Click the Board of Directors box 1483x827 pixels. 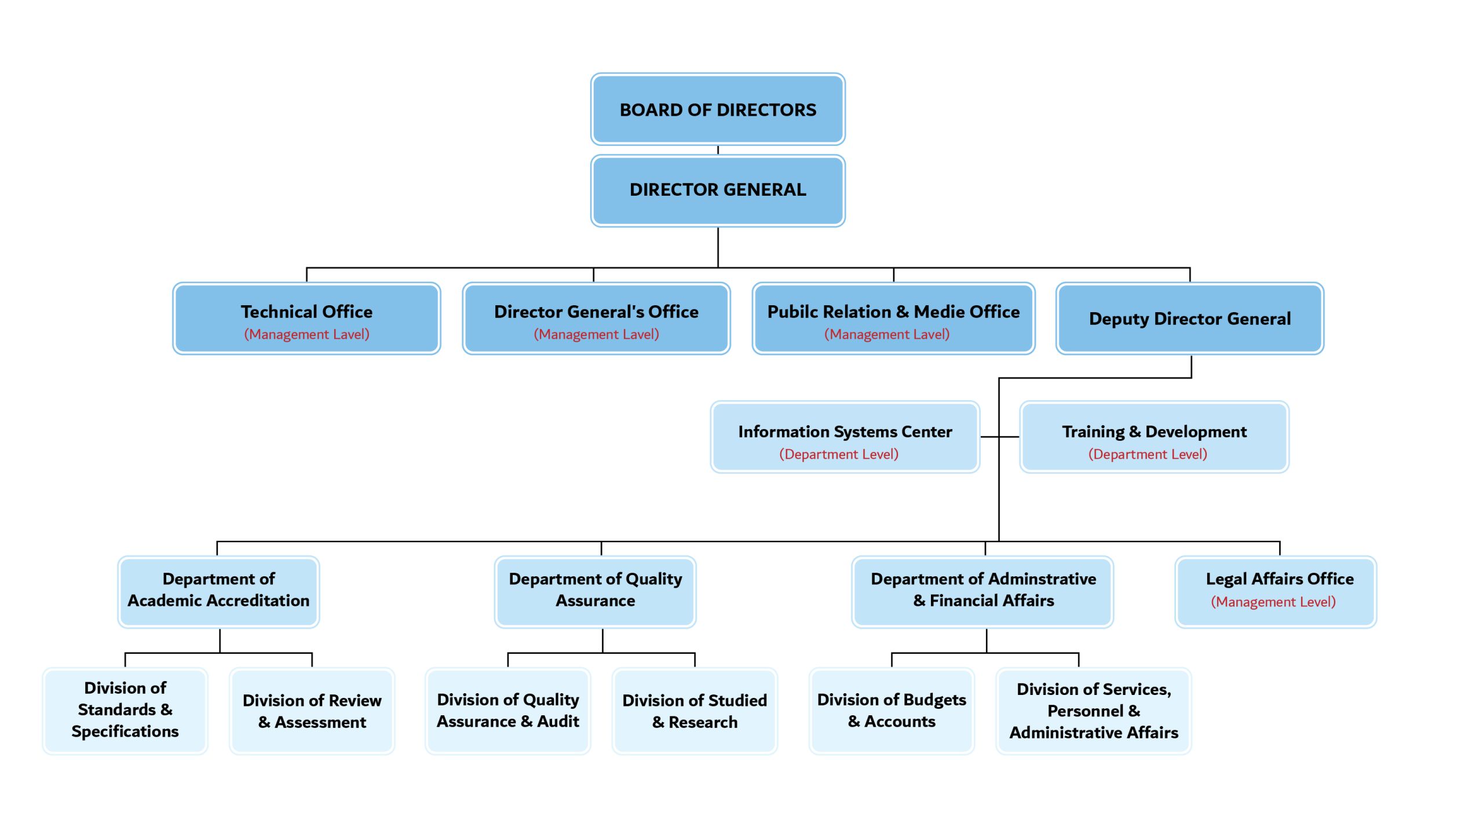coord(718,109)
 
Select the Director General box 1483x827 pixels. coord(718,191)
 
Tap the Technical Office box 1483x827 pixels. coord(306,319)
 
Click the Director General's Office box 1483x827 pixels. coord(596,319)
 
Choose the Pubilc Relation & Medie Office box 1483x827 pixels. coord(893,319)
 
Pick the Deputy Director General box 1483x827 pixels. coord(1190,319)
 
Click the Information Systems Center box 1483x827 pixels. coord(845,437)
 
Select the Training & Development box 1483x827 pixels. coord(1154,437)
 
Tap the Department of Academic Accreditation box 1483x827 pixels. coord(218,592)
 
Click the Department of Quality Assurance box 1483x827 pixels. coord(595,592)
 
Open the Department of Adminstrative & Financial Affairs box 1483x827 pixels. coord(982,592)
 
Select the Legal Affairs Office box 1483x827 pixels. coord(1276,592)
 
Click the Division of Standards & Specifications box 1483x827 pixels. coord(125,711)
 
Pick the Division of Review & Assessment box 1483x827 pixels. coord(312,711)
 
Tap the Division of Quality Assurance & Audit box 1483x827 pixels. coord(507,711)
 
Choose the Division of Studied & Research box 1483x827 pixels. coord(695,711)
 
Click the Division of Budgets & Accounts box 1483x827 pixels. coord(892,711)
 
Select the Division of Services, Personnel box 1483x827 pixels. coord(1094,711)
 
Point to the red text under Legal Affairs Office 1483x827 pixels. coord(1273,602)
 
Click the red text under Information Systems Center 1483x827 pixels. coord(839,455)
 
